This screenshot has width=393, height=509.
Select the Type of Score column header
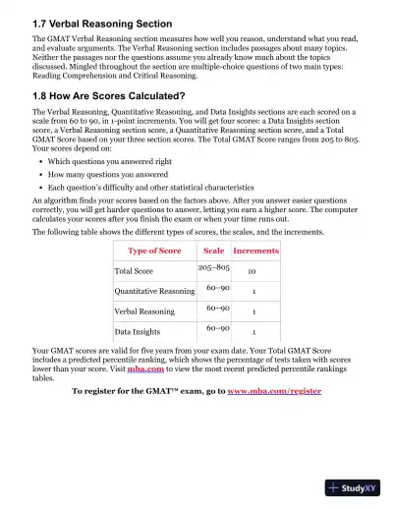click(155, 251)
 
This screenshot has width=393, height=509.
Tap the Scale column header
click(213, 251)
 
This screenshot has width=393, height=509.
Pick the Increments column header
click(255, 251)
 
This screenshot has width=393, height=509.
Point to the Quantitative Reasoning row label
click(154, 292)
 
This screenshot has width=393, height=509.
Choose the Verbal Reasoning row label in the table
click(144, 311)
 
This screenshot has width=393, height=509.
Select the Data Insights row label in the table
click(138, 332)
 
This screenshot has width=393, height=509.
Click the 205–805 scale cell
click(214, 267)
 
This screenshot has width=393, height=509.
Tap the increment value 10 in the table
click(253, 271)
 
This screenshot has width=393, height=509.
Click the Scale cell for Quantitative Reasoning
click(218, 288)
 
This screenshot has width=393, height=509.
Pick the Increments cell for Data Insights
click(254, 332)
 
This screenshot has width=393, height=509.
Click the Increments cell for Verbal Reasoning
click(254, 311)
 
